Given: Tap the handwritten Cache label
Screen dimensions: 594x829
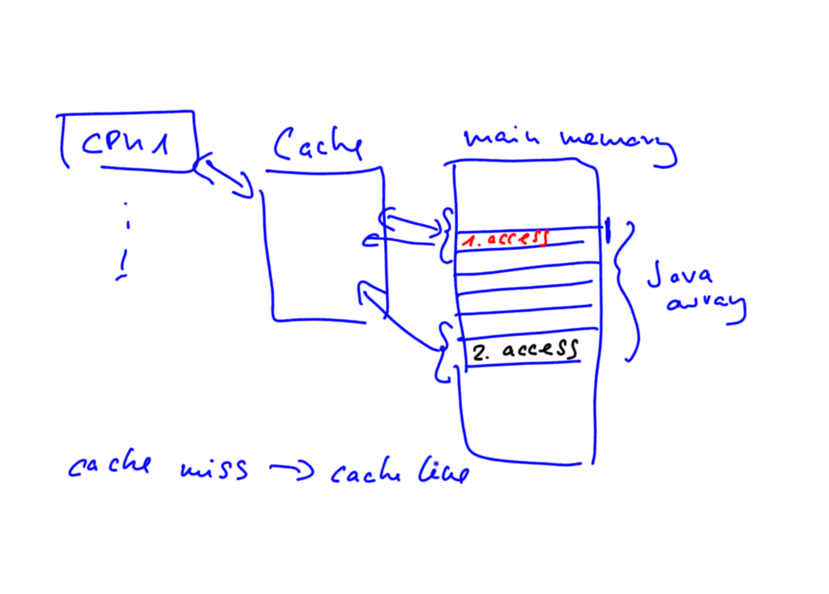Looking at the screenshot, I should click(x=317, y=146).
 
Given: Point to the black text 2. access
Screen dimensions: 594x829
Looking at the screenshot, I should click(x=524, y=349).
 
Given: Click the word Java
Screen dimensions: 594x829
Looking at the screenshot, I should click(x=679, y=276).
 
